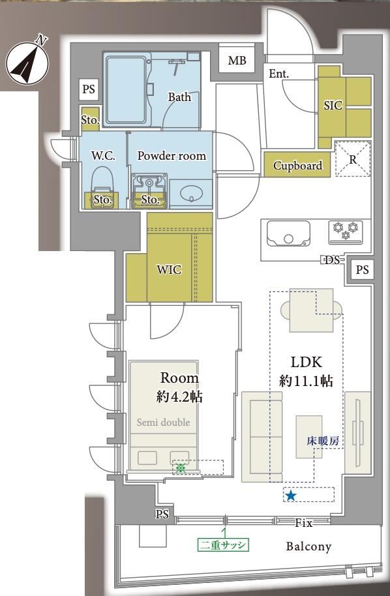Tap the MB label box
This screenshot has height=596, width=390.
tap(237, 60)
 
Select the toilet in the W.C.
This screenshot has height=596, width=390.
tap(102, 187)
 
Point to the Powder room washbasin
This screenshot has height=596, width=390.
tap(190, 194)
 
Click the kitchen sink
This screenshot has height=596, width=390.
tap(288, 233)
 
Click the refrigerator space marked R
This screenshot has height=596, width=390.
tap(353, 159)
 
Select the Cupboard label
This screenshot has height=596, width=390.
tap(297, 166)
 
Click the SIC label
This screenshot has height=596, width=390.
tap(333, 105)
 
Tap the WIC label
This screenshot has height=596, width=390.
tap(169, 269)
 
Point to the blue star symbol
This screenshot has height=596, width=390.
tap(291, 496)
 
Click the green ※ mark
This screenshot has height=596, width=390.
tap(181, 468)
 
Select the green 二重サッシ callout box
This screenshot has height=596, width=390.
tap(223, 545)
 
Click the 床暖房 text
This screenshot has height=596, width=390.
tap(323, 441)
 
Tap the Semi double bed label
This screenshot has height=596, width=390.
tap(163, 422)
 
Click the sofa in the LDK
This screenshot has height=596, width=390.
tap(262, 437)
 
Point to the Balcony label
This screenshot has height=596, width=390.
tap(308, 546)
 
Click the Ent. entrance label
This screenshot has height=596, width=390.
tap(278, 74)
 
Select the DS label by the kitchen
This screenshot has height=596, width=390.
tap(332, 260)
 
